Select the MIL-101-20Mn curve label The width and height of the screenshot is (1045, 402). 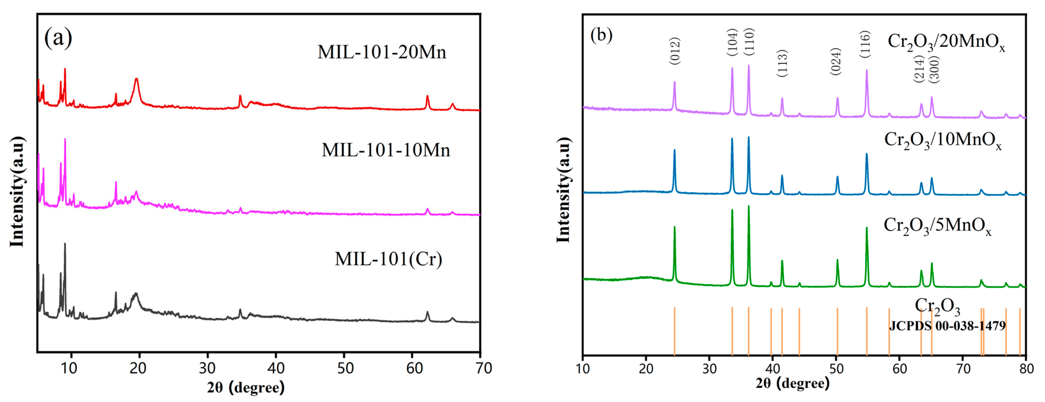click(381, 52)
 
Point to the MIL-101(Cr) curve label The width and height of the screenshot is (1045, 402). click(388, 259)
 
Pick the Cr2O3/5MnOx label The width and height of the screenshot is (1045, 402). click(937, 225)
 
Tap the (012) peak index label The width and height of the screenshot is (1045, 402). click(674, 51)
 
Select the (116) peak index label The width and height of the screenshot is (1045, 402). click(865, 44)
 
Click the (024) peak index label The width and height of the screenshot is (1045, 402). click(836, 61)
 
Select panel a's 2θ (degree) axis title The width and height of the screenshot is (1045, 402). click(246, 388)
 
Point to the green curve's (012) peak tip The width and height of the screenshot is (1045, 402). click(674, 227)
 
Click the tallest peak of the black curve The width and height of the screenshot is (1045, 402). click(65, 244)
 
